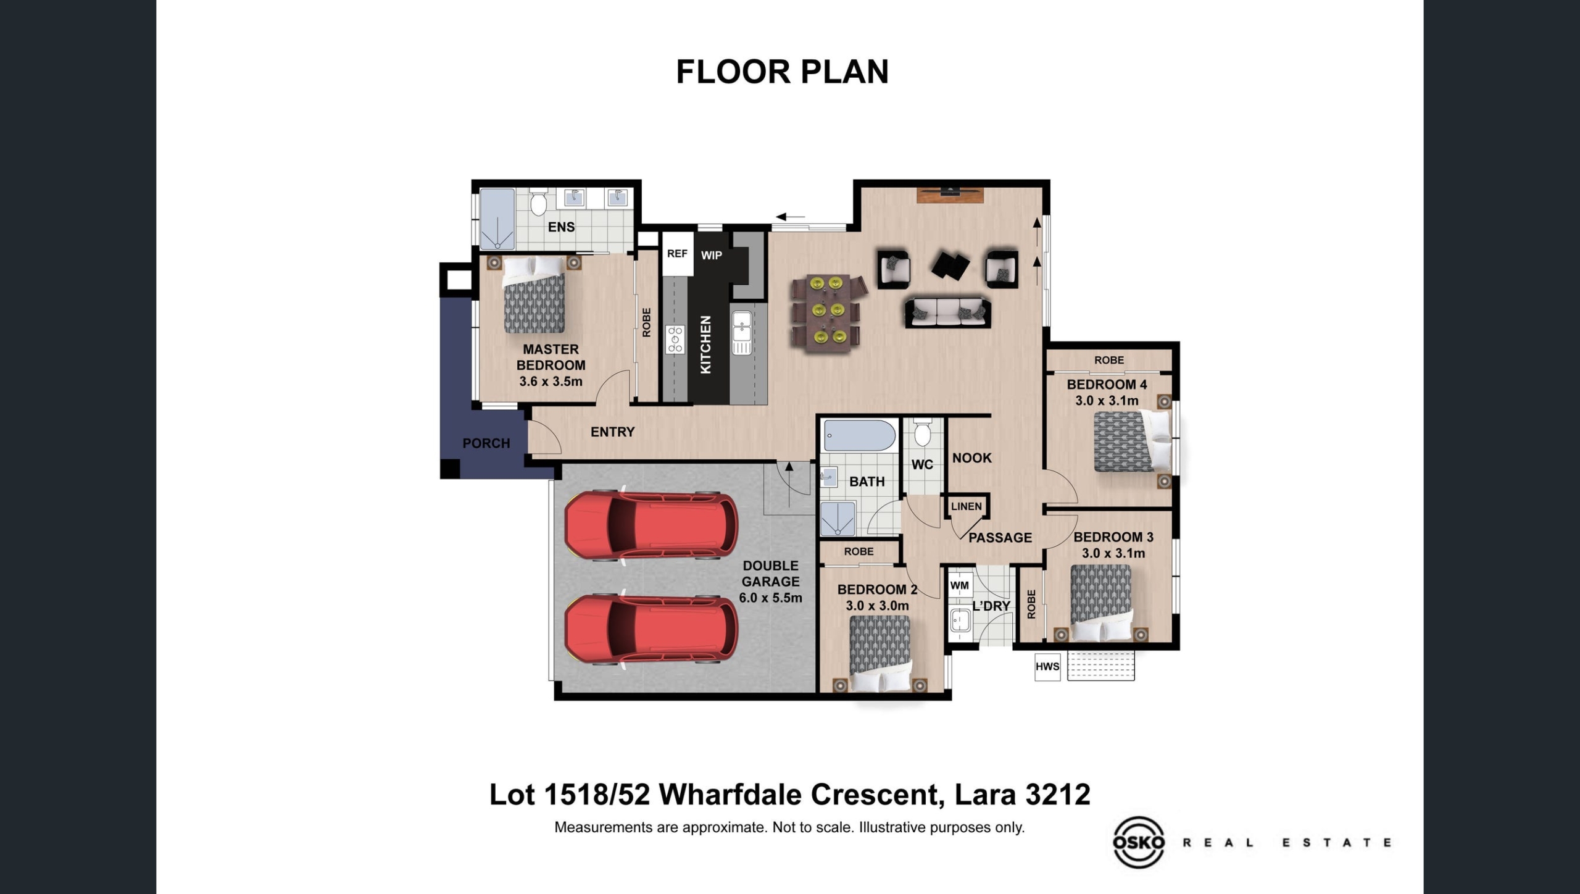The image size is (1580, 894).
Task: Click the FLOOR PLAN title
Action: coord(782,72)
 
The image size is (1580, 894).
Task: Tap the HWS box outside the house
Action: coord(1047,667)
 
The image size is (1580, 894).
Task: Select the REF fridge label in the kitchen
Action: coord(677,253)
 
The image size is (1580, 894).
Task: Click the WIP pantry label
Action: coord(712,255)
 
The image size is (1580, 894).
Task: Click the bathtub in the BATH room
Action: coord(860,436)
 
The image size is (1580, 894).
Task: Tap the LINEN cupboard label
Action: coord(966,506)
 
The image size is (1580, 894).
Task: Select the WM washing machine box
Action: coord(959,585)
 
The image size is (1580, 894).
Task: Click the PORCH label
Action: coord(486,443)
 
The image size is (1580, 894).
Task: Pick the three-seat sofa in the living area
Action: coord(947,312)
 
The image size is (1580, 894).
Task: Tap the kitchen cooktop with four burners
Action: coord(675,340)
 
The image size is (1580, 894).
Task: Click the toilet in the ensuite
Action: coord(538,202)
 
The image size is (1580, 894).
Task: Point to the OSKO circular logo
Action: coord(1139,842)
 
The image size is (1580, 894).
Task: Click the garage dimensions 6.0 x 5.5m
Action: coord(770,598)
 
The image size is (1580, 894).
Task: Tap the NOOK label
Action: coord(971,458)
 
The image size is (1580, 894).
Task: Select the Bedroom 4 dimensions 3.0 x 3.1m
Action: coord(1107,401)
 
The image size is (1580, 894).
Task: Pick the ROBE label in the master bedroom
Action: coord(646,322)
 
